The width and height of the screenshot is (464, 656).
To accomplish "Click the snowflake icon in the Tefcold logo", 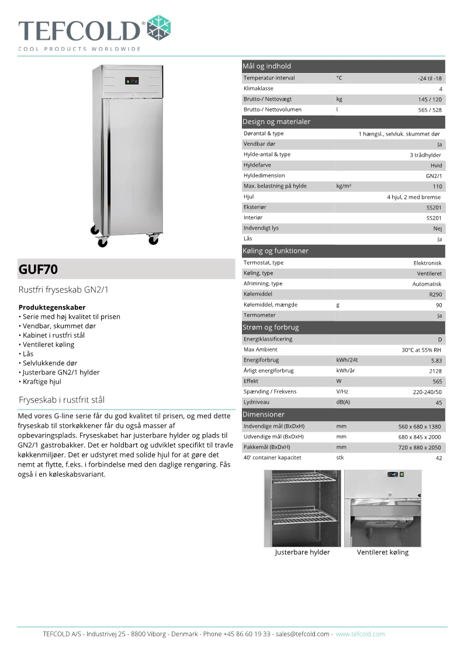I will [158, 28].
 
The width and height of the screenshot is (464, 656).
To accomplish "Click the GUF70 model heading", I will [39, 270].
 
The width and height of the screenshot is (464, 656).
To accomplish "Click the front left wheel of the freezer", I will [102, 242].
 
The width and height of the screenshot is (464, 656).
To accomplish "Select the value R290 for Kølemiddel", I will [435, 294].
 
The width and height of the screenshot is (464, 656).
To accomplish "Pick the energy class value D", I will [439, 339].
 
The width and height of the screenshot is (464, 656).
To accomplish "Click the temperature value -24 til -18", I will [430, 78].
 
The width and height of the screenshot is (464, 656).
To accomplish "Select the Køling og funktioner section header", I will [275, 251].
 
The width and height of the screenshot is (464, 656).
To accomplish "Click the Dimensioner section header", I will [264, 415].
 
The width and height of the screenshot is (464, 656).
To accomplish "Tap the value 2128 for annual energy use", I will [435, 371].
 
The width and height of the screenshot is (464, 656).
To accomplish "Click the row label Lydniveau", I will [257, 402].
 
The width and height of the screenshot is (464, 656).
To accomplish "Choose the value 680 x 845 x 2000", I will [420, 437].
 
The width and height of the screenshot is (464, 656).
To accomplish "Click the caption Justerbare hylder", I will [302, 553].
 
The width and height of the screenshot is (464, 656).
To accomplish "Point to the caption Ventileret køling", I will [383, 553].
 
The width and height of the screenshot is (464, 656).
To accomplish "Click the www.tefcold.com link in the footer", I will [360, 634].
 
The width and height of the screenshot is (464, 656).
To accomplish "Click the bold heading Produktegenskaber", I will [52, 307].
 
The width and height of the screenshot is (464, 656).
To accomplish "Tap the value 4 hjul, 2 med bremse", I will [414, 197].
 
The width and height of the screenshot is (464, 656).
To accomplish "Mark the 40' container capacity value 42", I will [439, 459].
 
